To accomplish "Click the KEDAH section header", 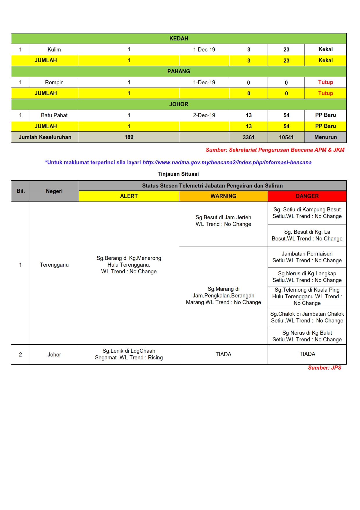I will point(179,39).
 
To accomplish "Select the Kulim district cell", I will point(54,50).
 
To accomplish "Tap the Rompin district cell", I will point(54,83).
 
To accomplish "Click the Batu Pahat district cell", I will point(54,115).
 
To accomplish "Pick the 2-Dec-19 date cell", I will point(204,115).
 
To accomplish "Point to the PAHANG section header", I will point(179,72).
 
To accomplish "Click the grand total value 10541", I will point(286,137).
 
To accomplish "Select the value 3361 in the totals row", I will point(248,137).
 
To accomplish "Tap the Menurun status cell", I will point(325,137).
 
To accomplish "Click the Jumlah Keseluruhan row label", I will point(45,137).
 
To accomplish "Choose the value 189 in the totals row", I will point(129,137).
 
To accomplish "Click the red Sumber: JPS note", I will point(325,368).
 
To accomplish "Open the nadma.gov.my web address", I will point(227,163).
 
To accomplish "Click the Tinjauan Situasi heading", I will point(178,174).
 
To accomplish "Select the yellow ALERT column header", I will point(129,196).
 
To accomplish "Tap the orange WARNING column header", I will point(223,196).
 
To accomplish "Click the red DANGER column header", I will point(307,196).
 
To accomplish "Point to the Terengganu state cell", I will point(54,265).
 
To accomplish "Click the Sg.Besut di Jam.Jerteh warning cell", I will point(223,221).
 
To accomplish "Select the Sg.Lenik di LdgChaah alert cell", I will point(129,354).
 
